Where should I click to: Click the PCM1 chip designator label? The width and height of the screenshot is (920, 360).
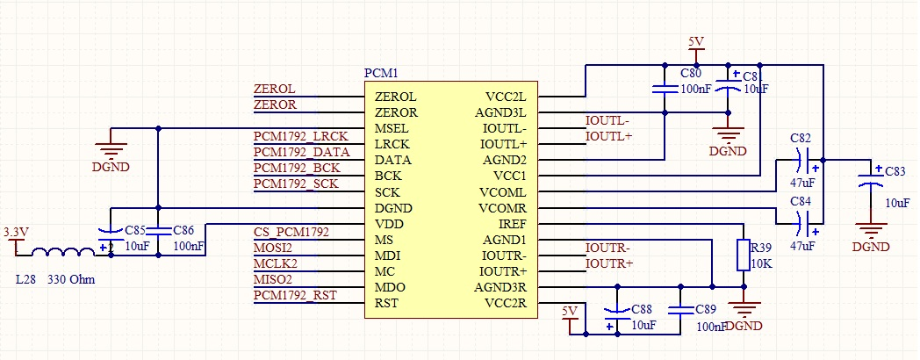[x=382, y=73]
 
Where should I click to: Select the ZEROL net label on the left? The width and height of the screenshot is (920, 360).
[x=274, y=90]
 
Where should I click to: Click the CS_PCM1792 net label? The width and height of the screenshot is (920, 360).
[x=291, y=232]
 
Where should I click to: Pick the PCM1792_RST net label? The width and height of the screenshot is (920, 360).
[x=294, y=295]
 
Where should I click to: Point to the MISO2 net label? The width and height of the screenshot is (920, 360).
[x=273, y=279]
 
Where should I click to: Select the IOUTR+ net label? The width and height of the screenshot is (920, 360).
[x=609, y=263]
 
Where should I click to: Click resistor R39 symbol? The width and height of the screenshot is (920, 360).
[x=744, y=255]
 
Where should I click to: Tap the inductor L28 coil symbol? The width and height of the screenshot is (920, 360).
[x=63, y=252]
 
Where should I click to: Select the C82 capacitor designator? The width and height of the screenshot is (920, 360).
[x=800, y=139]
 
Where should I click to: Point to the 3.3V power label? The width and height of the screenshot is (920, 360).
[x=16, y=232]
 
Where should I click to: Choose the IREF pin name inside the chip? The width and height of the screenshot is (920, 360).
[x=512, y=224]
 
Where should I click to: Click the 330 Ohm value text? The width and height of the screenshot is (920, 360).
[x=71, y=279]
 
